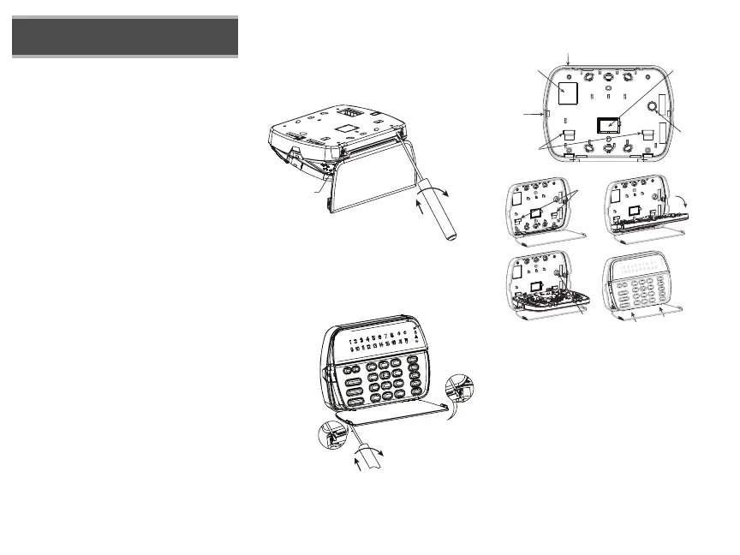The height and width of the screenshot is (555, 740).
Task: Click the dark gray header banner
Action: click(125, 36)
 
